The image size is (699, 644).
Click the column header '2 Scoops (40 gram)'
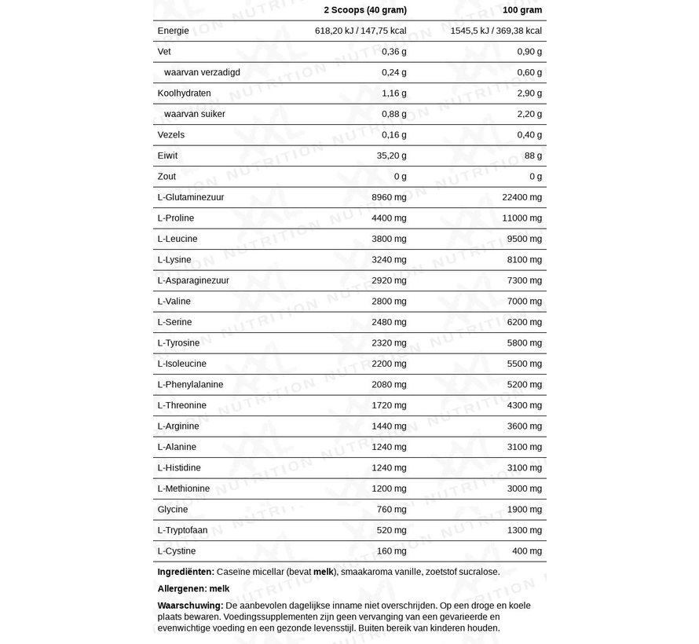tap(365, 10)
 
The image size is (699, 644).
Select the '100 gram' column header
tap(522, 10)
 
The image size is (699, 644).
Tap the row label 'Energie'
tap(174, 31)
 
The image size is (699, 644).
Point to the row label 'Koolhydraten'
tap(184, 93)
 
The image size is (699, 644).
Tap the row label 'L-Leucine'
tap(177, 239)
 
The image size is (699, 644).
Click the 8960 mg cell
tap(389, 197)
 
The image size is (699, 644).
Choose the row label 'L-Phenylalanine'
tap(190, 385)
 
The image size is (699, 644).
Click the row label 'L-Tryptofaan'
tap(182, 530)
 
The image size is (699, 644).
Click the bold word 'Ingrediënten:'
tap(185, 572)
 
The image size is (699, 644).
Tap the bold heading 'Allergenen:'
tap(182, 588)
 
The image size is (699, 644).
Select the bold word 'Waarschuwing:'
tap(190, 606)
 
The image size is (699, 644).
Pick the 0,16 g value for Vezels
tap(393, 135)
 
